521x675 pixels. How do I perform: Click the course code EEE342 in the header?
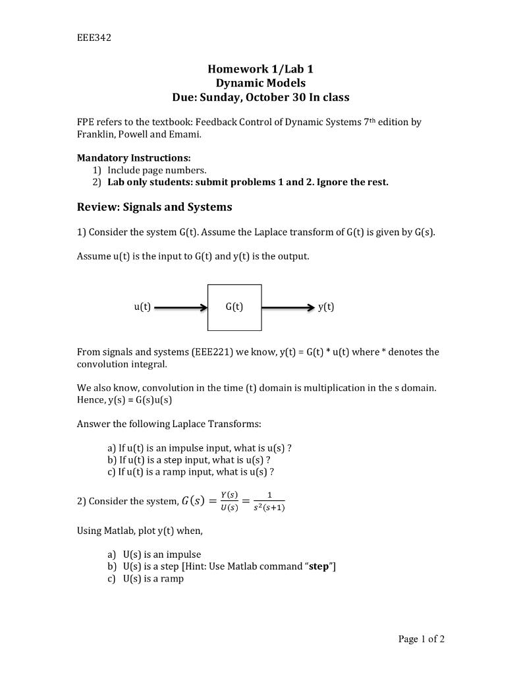[x=94, y=38]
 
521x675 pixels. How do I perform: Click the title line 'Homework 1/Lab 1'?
[x=260, y=69]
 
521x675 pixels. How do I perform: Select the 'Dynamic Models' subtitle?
[x=260, y=83]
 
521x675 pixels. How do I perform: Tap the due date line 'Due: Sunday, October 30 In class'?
[x=260, y=98]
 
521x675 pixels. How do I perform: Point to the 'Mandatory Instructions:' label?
[x=134, y=158]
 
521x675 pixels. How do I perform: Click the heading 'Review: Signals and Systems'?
[x=155, y=207]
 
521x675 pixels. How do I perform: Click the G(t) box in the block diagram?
[x=234, y=307]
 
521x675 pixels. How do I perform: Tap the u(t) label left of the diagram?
[x=142, y=307]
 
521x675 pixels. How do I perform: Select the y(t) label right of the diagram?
[x=326, y=307]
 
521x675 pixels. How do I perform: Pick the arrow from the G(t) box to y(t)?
[x=288, y=307]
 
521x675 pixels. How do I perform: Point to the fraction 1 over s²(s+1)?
[x=269, y=502]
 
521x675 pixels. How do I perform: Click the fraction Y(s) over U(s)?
[x=229, y=502]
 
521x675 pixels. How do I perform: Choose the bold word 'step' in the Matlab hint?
[x=319, y=567]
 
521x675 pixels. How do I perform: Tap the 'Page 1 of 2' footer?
[x=422, y=639]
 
